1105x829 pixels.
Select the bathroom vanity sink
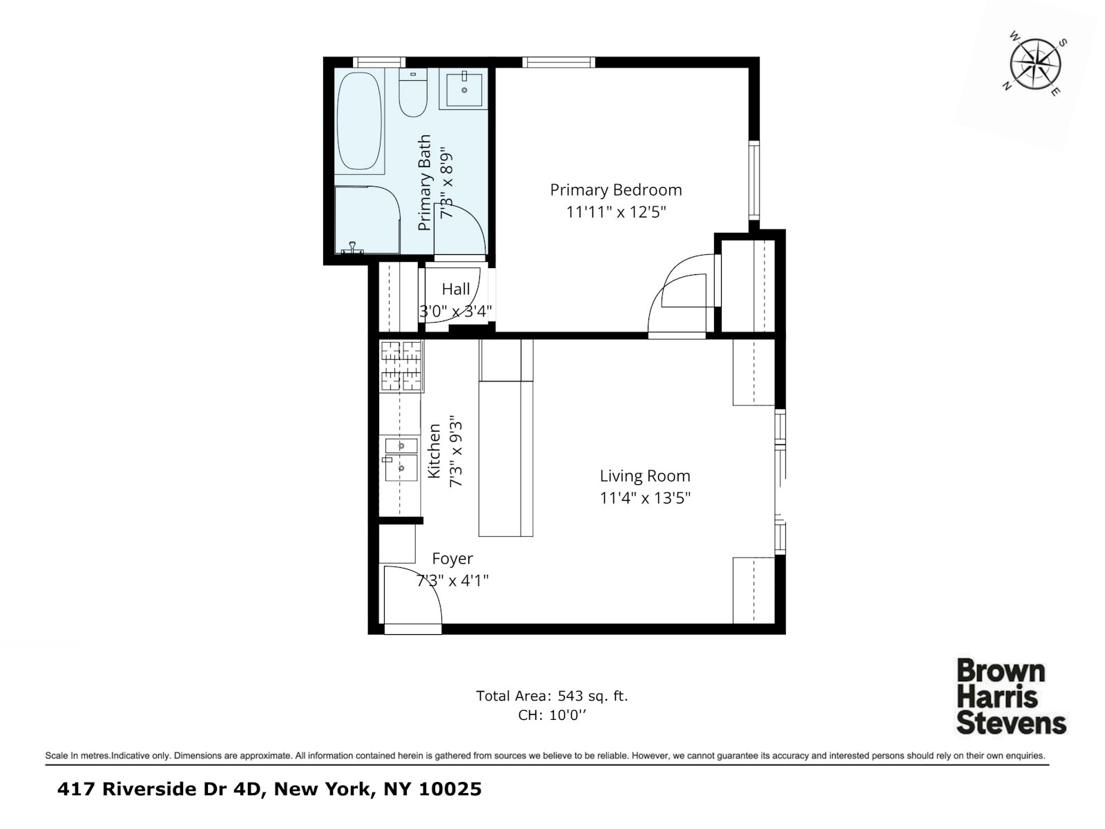coord(464,88)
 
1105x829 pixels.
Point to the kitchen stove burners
coord(401,366)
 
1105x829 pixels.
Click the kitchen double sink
coord(401,459)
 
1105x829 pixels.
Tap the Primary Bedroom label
coord(615,190)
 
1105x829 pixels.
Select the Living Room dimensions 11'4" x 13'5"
coord(645,497)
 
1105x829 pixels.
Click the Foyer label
coord(452,558)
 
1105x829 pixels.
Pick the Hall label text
coord(456,289)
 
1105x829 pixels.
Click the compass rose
coord(1035,66)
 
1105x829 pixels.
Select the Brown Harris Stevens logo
coord(1011,696)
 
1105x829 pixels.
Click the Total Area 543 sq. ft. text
coord(552,696)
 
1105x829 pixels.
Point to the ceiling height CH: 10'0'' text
coord(552,715)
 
